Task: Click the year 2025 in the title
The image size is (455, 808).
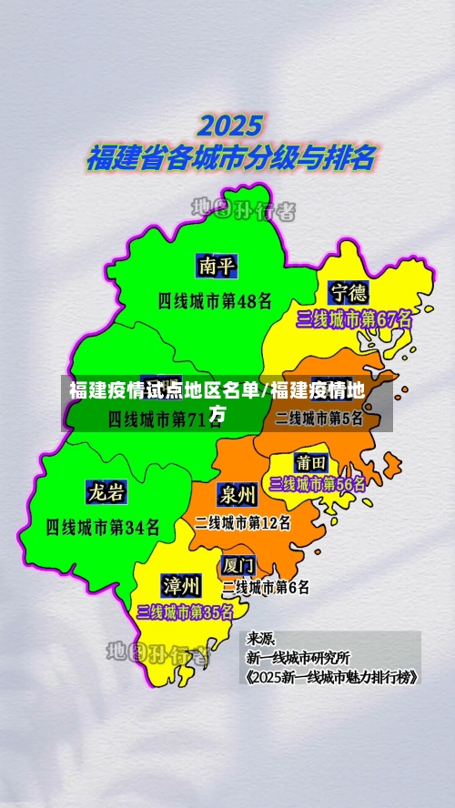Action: (230, 125)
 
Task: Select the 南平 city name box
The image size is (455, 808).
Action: (217, 266)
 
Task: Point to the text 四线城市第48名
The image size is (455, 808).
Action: (215, 299)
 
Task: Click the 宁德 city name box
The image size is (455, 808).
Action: (349, 292)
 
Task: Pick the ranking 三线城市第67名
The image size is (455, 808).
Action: (354, 319)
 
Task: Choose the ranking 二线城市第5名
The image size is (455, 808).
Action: (319, 419)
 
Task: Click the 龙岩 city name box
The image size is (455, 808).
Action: (106, 492)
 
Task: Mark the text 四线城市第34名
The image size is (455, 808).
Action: (103, 526)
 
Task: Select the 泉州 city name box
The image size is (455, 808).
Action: (237, 494)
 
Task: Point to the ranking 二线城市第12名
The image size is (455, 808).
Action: (243, 522)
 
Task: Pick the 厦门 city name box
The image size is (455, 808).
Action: (238, 564)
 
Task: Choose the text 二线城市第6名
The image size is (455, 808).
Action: (266, 587)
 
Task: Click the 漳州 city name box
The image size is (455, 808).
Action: (181, 583)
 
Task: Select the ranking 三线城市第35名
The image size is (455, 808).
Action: (185, 611)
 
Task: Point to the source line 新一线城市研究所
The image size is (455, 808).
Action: (298, 657)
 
